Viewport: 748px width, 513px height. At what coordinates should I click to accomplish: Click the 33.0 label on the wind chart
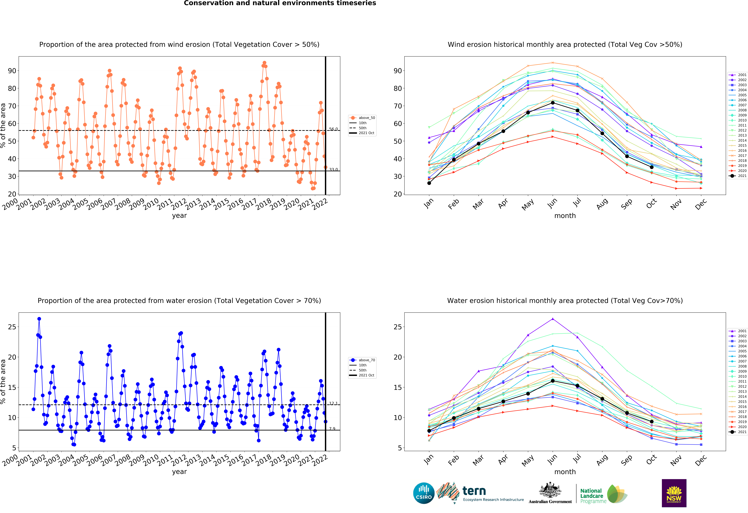click(x=333, y=170)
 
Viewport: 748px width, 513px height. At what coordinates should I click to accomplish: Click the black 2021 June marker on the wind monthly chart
click(x=553, y=103)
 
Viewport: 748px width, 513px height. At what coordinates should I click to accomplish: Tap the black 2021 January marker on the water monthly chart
click(x=429, y=431)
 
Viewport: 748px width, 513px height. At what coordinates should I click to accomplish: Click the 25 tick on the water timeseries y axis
click(x=12, y=327)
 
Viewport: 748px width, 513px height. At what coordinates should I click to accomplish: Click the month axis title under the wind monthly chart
click(x=565, y=216)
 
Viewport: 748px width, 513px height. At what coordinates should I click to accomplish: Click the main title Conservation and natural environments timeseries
click(x=280, y=3)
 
